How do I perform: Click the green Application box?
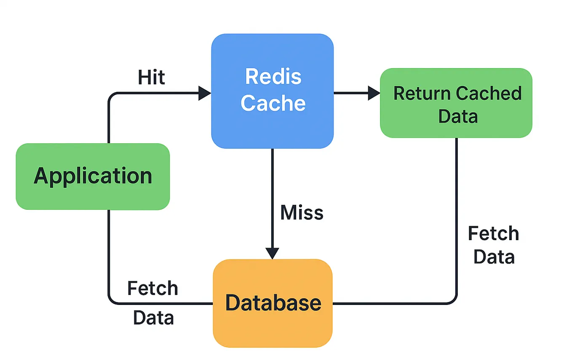click(x=93, y=176)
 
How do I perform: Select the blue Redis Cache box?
click(x=272, y=91)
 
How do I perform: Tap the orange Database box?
click(x=273, y=303)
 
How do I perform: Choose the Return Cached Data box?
click(x=456, y=103)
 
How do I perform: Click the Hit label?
click(x=152, y=78)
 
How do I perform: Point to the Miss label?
click(x=302, y=213)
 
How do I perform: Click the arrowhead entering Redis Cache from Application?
click(x=205, y=93)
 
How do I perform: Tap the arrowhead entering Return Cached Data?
click(x=374, y=93)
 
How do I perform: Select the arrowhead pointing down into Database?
click(x=272, y=253)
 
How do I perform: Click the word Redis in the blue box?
click(x=273, y=77)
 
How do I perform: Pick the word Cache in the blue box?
click(x=273, y=103)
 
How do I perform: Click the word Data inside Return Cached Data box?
click(x=458, y=116)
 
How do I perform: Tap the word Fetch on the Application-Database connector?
click(x=152, y=289)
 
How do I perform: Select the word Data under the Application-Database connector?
click(x=153, y=318)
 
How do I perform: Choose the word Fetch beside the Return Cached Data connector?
click(x=493, y=233)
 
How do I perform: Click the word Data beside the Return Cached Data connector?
click(x=494, y=257)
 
